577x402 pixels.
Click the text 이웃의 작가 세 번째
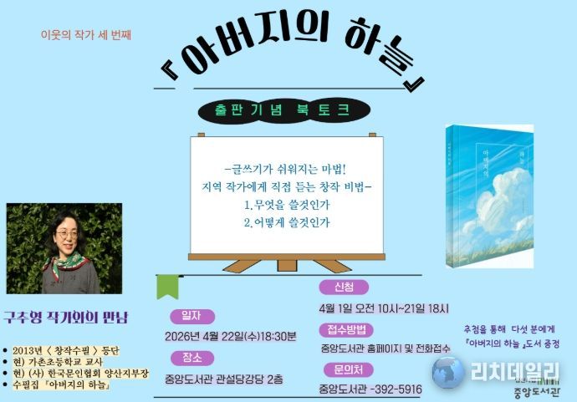point(86,35)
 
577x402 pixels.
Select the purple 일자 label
point(191,316)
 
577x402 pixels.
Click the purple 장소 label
point(191,357)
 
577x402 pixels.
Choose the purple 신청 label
point(344,287)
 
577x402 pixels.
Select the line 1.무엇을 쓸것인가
point(286,204)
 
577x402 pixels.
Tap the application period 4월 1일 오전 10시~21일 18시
point(384,307)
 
